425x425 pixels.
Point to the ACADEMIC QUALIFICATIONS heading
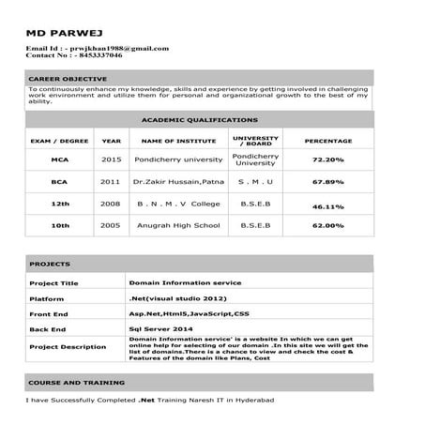199,120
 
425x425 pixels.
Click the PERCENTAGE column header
328,141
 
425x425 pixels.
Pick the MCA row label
61,159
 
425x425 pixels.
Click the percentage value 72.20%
328,160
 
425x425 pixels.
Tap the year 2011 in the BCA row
111,181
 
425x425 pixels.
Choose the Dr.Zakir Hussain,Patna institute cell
178,181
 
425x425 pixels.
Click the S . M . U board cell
255,181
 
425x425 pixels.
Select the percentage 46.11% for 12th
328,205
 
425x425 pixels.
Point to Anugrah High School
178,225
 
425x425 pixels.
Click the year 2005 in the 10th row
111,225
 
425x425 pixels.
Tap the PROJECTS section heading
50,264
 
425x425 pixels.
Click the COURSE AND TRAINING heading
77,383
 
